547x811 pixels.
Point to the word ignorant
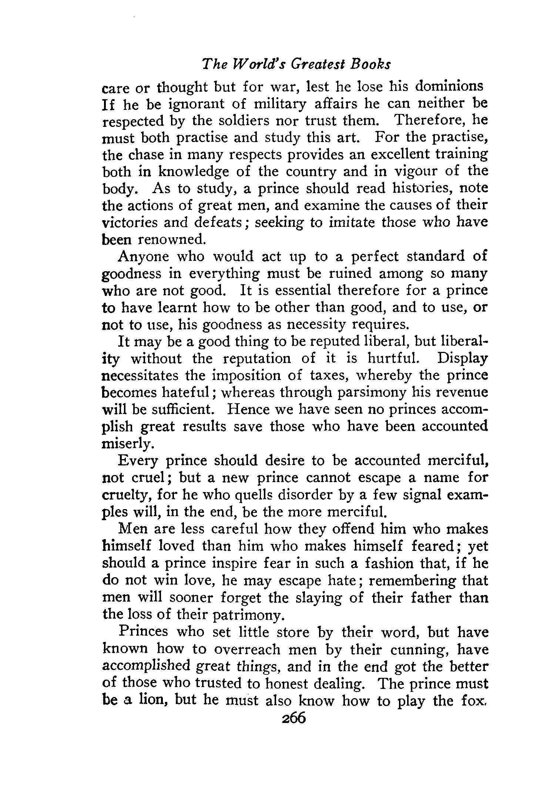197,104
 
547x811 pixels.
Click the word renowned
171,240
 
